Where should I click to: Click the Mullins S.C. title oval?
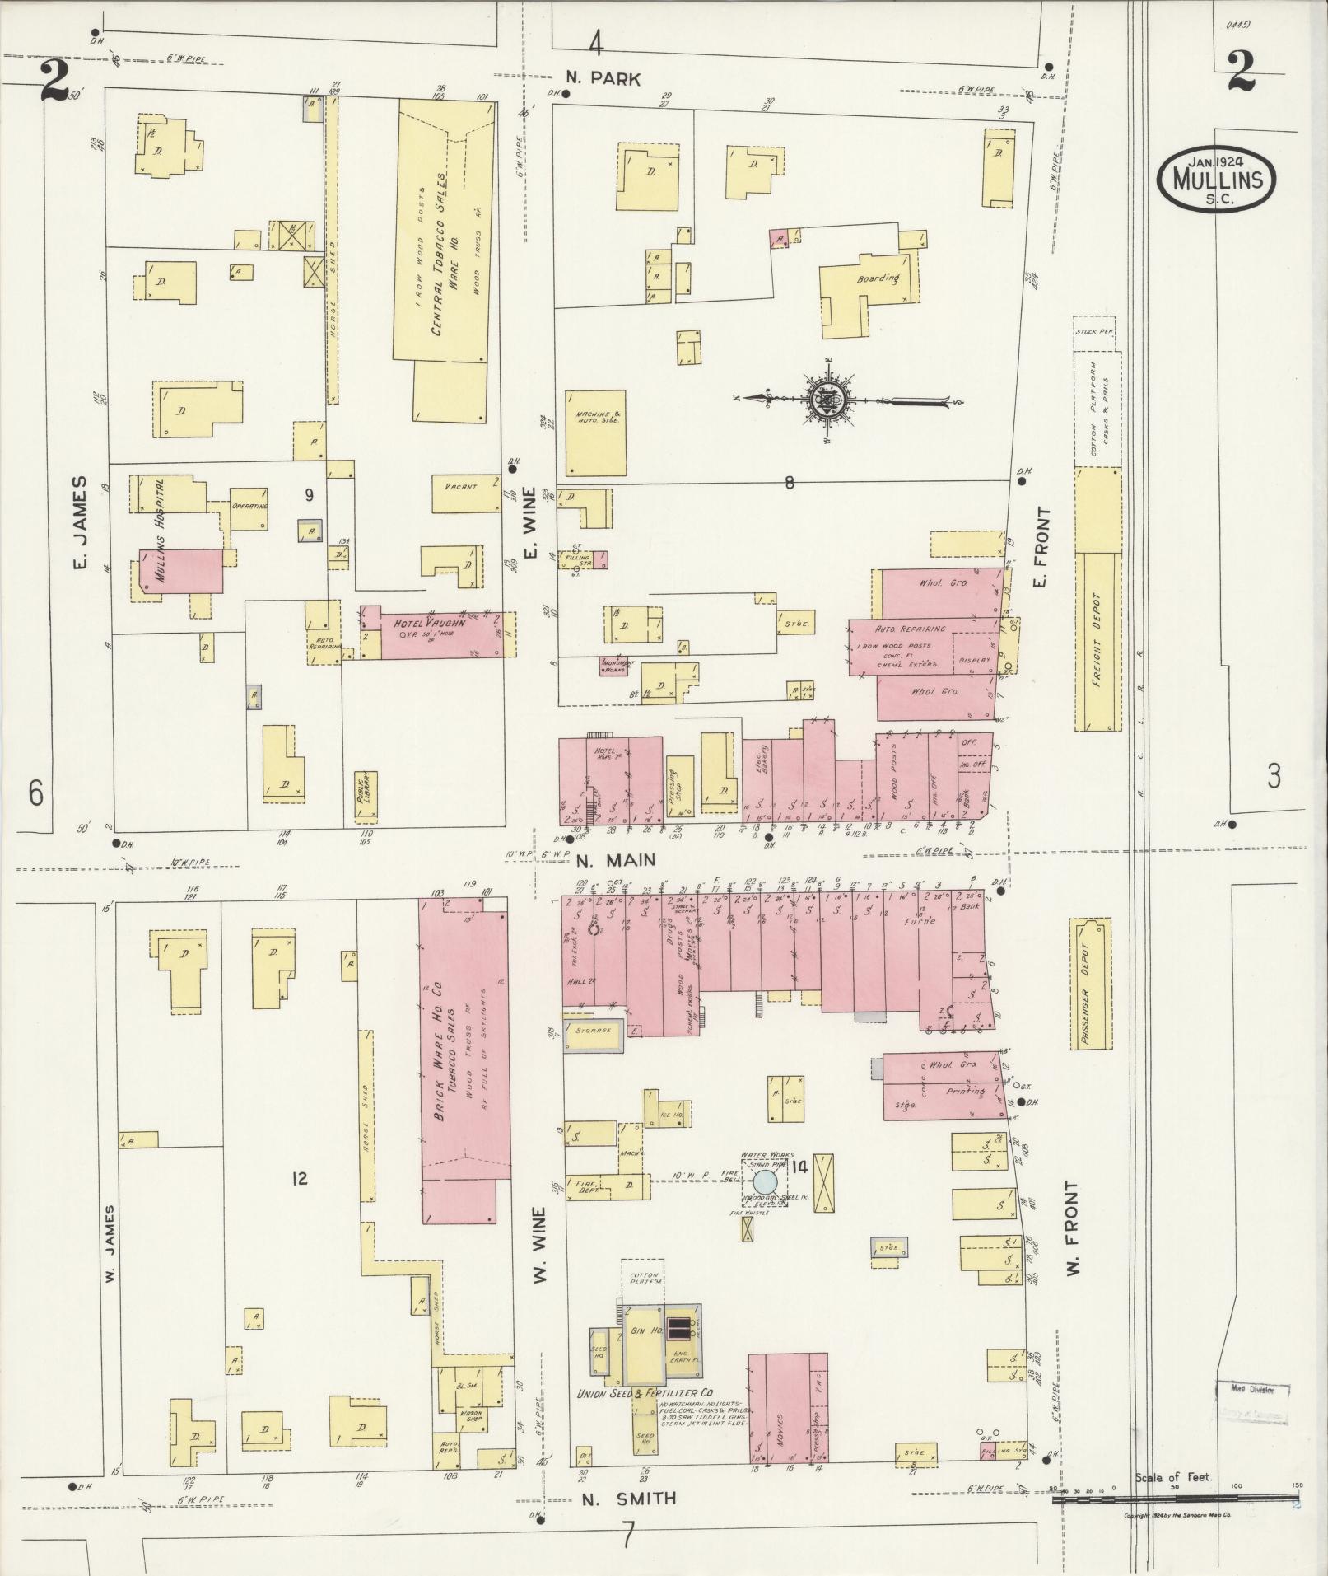coord(1216,179)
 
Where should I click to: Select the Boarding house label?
coord(877,279)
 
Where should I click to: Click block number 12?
coord(299,1179)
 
